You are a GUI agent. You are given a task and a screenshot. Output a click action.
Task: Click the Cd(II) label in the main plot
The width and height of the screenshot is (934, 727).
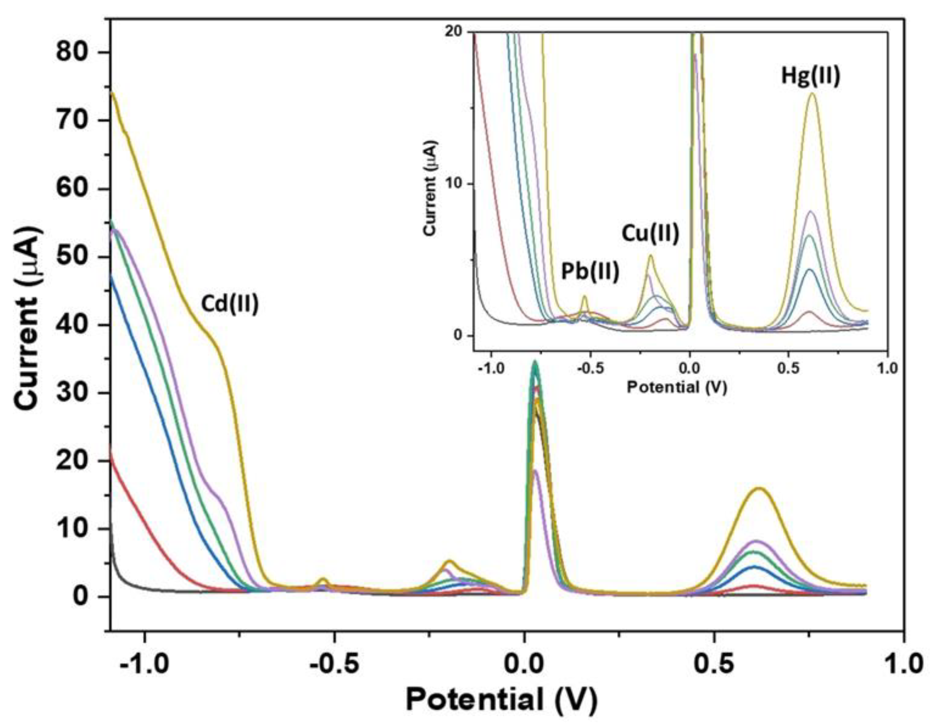click(x=230, y=305)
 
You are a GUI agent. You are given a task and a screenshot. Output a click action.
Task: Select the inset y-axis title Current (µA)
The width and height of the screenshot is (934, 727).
click(x=432, y=187)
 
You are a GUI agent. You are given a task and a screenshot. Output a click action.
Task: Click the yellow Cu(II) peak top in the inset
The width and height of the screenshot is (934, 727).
click(x=651, y=256)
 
